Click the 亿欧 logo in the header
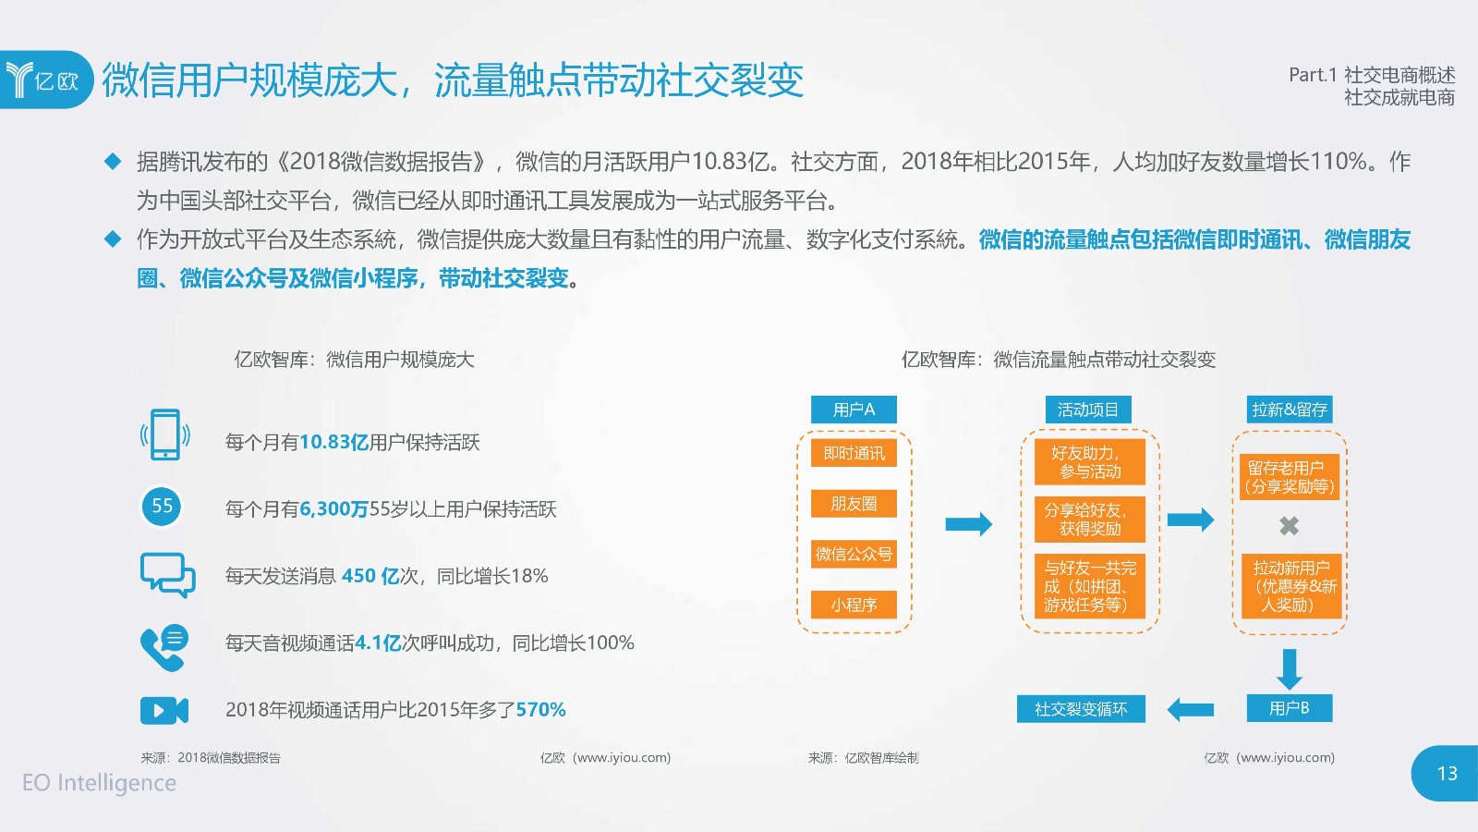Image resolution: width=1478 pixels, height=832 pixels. tap(45, 80)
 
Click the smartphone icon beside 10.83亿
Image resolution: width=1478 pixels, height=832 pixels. tap(165, 434)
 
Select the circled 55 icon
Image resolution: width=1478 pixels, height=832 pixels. tap(162, 507)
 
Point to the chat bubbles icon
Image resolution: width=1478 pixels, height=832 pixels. tap(167, 575)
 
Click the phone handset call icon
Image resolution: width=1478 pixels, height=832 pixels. tap(164, 648)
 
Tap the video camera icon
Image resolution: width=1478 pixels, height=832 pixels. tap(164, 711)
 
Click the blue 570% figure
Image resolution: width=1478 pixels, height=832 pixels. tap(540, 710)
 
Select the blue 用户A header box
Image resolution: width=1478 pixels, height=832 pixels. tap(854, 410)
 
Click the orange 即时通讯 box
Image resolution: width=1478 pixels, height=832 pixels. tap(854, 453)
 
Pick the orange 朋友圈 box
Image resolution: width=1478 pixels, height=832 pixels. tap(854, 503)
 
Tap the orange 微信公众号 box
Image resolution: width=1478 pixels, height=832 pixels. tap(854, 554)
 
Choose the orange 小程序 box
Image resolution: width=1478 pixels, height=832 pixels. tap(854, 605)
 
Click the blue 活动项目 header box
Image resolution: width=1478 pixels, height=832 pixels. tap(1088, 410)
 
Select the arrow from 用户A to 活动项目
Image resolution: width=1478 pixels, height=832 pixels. tap(969, 524)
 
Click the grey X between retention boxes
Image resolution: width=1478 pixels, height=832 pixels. tap(1289, 526)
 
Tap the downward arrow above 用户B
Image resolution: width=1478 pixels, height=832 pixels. tap(1290, 669)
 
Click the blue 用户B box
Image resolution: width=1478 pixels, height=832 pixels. tap(1290, 708)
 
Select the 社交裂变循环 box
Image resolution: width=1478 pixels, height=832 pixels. tap(1081, 709)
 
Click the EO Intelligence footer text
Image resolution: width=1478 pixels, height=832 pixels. tap(100, 782)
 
